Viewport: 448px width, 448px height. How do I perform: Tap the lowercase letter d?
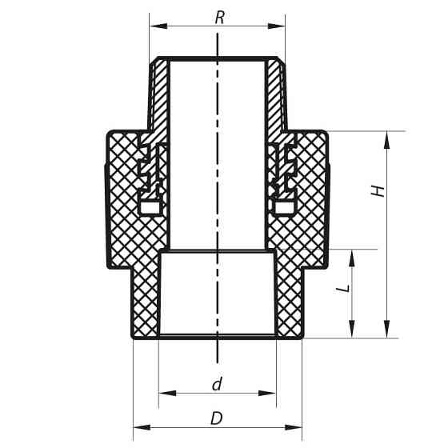[x=217, y=384]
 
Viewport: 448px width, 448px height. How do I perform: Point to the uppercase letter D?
[x=216, y=418]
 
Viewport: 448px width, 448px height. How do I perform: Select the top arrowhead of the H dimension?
[x=388, y=138]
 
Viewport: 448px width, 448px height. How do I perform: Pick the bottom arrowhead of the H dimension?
[x=388, y=331]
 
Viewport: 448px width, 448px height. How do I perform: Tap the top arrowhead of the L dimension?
[x=354, y=256]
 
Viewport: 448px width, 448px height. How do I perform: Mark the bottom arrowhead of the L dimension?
[x=354, y=331]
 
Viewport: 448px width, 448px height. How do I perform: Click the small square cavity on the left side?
[x=149, y=208]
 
